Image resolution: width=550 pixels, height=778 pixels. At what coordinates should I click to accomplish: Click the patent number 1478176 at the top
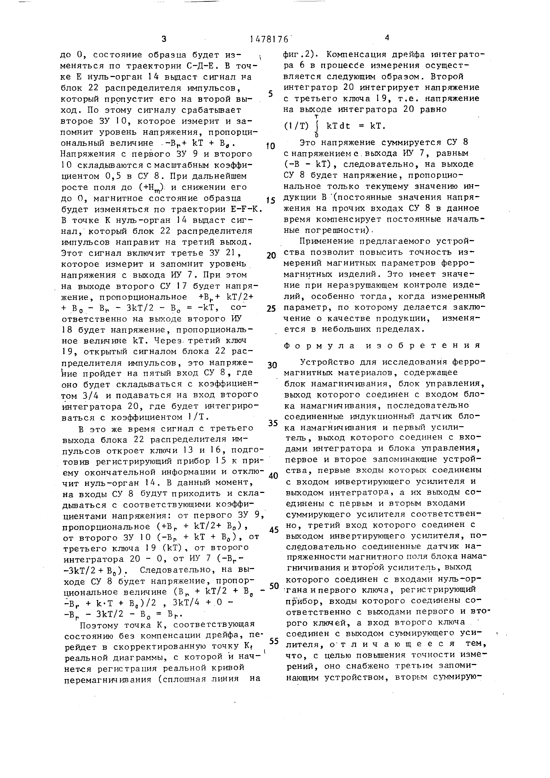pos(269,39)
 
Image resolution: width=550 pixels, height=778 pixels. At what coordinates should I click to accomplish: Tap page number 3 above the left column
pos(164,39)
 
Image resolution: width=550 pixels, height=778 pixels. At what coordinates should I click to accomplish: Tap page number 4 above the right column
pos(387,38)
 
